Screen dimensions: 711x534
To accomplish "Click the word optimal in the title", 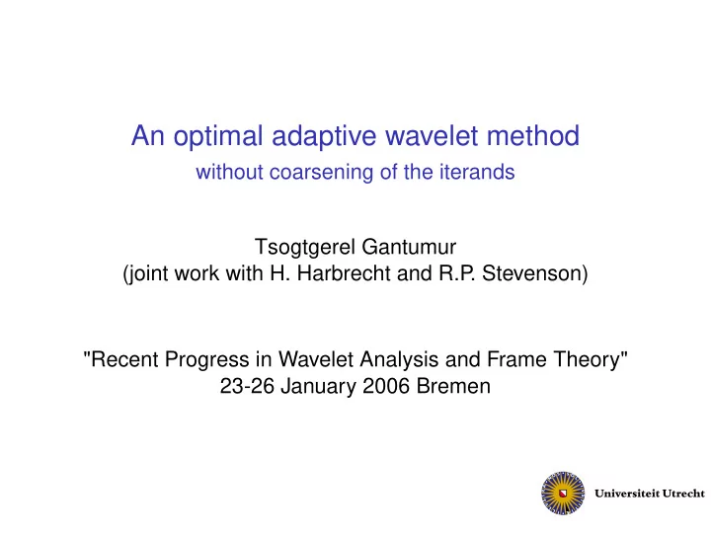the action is (218, 137).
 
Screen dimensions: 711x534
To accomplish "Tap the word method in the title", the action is (533, 135).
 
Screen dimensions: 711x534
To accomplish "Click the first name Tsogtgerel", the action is (305, 248).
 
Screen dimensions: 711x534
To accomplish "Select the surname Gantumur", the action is (409, 247).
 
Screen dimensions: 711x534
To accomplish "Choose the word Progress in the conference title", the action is (206, 360).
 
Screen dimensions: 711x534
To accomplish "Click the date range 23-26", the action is (247, 387).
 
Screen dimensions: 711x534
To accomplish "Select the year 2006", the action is (386, 387).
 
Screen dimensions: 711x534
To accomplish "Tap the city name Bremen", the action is (453, 387).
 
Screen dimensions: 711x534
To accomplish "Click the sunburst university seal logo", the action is (563, 494).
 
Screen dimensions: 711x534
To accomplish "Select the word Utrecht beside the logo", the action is (683, 494).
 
